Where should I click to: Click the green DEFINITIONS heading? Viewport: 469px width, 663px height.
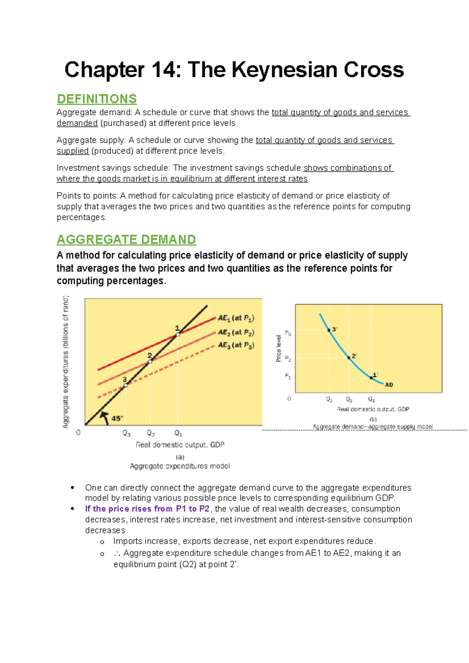pyautogui.click(x=97, y=99)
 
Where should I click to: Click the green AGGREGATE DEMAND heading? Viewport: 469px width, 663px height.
pyautogui.click(x=126, y=239)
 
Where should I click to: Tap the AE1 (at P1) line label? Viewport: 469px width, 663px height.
pyautogui.click(x=236, y=318)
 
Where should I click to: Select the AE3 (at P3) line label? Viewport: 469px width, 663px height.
pyautogui.click(x=236, y=345)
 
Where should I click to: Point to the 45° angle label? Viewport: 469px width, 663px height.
pyautogui.click(x=117, y=418)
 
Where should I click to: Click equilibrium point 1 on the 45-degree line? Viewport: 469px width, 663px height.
pyautogui.click(x=178, y=335)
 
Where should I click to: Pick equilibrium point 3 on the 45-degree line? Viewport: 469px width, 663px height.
pyautogui.click(x=125, y=385)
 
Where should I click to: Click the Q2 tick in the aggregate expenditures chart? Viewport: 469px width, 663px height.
pyautogui.click(x=150, y=433)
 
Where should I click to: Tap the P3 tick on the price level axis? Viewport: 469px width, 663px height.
pyautogui.click(x=288, y=333)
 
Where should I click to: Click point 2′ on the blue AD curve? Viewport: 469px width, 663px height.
pyautogui.click(x=349, y=357)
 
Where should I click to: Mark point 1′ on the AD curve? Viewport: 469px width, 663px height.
pyautogui.click(x=371, y=378)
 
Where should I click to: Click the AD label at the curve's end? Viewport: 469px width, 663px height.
pyautogui.click(x=389, y=385)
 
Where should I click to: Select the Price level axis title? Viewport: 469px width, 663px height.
pyautogui.click(x=279, y=348)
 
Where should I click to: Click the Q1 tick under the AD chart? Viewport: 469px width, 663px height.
pyautogui.click(x=371, y=399)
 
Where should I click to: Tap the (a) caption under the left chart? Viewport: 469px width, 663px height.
pyautogui.click(x=180, y=457)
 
